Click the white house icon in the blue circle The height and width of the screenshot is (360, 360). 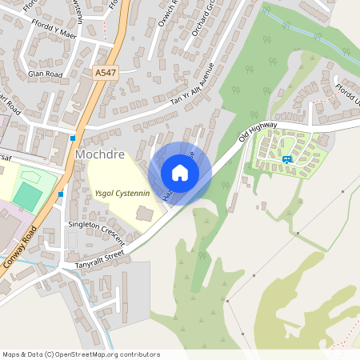(180, 173)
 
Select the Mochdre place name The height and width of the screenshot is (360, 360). (98, 153)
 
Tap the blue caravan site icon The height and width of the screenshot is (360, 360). (286, 158)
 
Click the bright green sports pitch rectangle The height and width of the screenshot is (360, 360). (27, 197)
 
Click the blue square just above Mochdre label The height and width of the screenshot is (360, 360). (73, 137)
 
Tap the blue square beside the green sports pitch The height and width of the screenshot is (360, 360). (60, 194)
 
